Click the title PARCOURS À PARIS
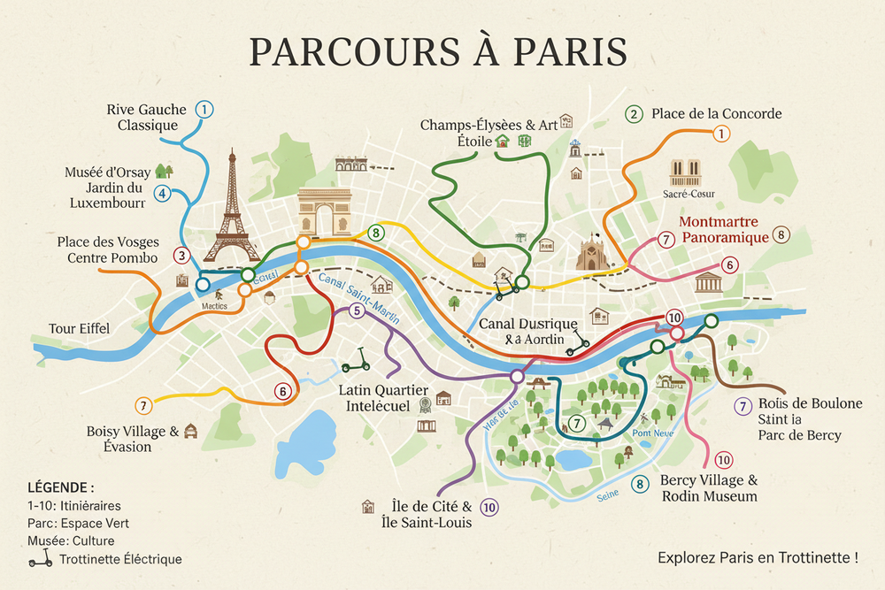coord(439,51)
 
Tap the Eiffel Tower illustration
coord(232,208)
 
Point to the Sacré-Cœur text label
coord(688,194)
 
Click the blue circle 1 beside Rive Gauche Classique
coord(204,110)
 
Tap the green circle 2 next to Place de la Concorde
coord(634,114)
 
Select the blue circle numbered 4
coord(162,193)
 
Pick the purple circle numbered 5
coord(357,310)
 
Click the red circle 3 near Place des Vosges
coord(181,257)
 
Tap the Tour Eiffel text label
coord(80,329)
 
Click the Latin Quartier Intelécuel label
coord(384,398)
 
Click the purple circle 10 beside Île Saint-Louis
coord(489,507)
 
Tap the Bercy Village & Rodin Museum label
coord(709,488)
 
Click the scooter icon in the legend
coord(41,558)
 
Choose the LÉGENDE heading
coord(61,487)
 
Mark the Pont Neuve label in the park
coord(653,433)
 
